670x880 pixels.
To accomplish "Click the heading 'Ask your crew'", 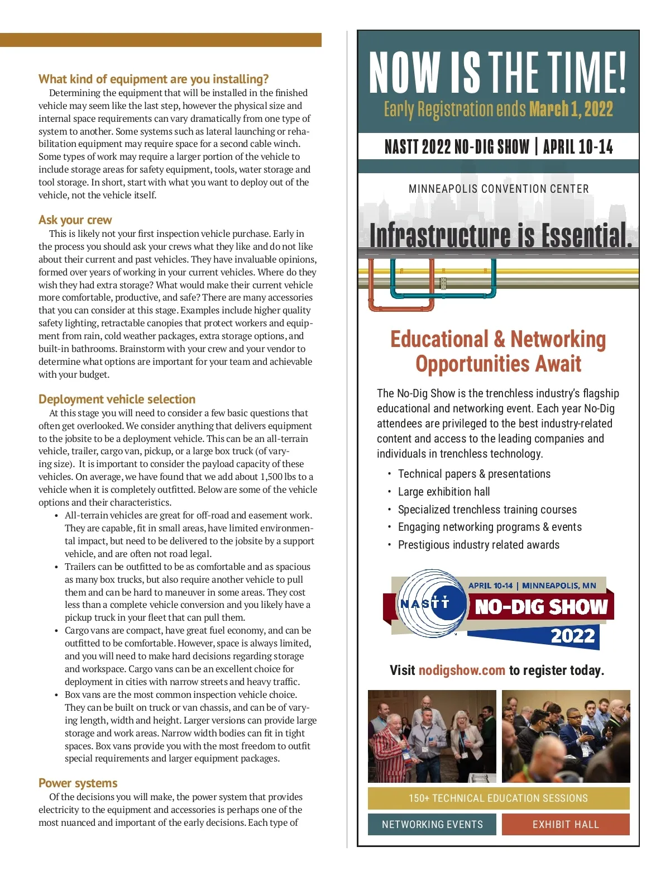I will pos(75,220).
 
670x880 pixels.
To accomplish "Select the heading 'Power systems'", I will pos(78,783).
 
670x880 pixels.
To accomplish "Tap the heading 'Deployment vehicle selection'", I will pos(117,399).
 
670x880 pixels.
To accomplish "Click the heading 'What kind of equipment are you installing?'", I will pos(154,79).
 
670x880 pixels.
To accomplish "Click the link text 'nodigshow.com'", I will pos(462,670).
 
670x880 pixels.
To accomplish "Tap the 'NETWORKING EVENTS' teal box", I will pos(432,825).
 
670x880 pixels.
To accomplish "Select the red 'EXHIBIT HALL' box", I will pos(566,825).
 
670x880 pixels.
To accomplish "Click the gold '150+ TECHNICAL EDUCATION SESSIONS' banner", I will pos(498,798).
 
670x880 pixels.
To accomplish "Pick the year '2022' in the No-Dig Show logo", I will pos(572,636).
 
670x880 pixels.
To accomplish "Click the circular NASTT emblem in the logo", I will pos(426,604).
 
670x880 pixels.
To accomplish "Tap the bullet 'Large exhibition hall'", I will pos(443,492).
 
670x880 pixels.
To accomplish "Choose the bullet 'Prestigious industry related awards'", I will pos(478,545).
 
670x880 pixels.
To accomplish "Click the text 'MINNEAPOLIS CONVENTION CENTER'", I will pos(499,189).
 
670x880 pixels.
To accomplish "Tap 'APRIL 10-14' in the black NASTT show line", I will pos(578,147).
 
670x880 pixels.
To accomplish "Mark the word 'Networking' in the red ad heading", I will pos(558,340).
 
